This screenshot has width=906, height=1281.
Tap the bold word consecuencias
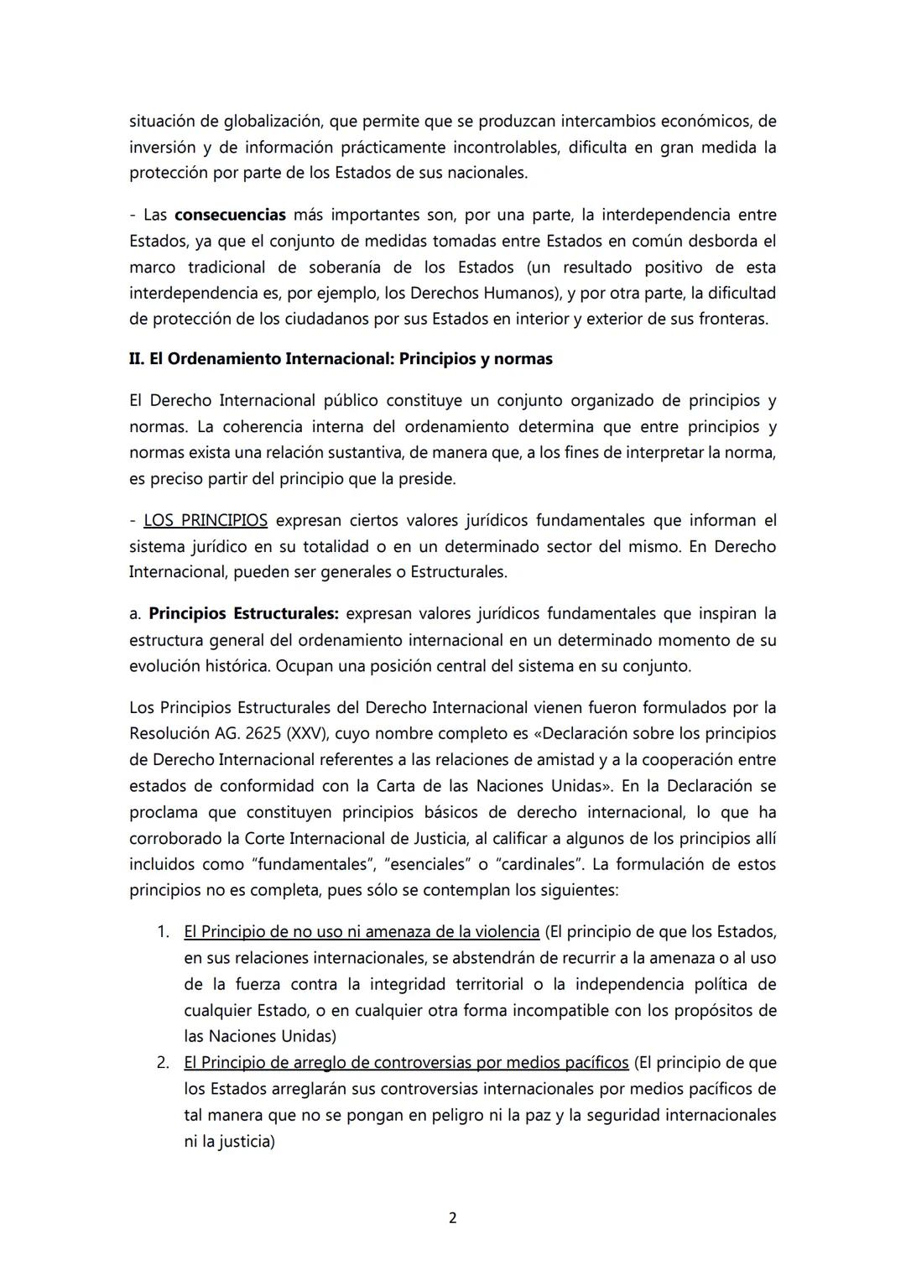(x=230, y=215)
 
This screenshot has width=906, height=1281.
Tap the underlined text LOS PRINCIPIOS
(x=206, y=521)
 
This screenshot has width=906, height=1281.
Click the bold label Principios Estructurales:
(x=243, y=614)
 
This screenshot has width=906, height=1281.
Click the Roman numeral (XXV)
(x=310, y=734)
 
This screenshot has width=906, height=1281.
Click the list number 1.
(x=164, y=932)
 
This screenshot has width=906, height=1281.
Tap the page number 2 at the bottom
(x=453, y=1218)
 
